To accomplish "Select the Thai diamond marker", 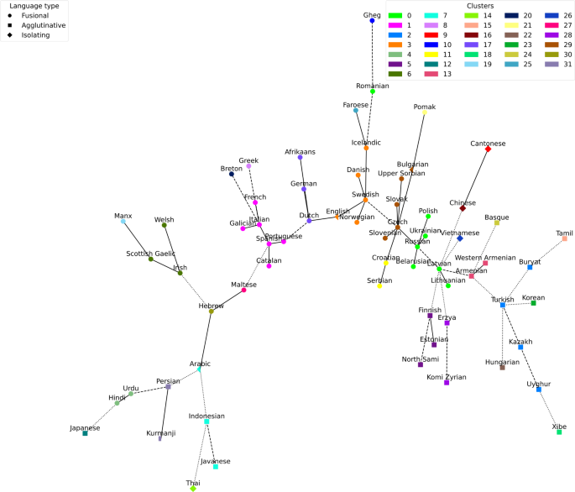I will pyautogui.click(x=193, y=489).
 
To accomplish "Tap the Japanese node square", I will pyautogui.click(x=85, y=433).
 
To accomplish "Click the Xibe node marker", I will pyautogui.click(x=559, y=432).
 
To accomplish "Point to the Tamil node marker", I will pyautogui.click(x=564, y=238).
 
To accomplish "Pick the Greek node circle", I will pyautogui.click(x=248, y=166).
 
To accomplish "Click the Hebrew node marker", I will pyautogui.click(x=211, y=309).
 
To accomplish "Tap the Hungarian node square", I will pyautogui.click(x=502, y=367).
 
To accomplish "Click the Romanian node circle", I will pyautogui.click(x=373, y=91).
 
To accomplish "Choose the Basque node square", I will pyautogui.click(x=497, y=222).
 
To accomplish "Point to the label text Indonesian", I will pyautogui.click(x=206, y=416).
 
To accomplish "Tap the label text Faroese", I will pyautogui.click(x=355, y=104).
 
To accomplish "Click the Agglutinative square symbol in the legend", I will pyautogui.click(x=7, y=26).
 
